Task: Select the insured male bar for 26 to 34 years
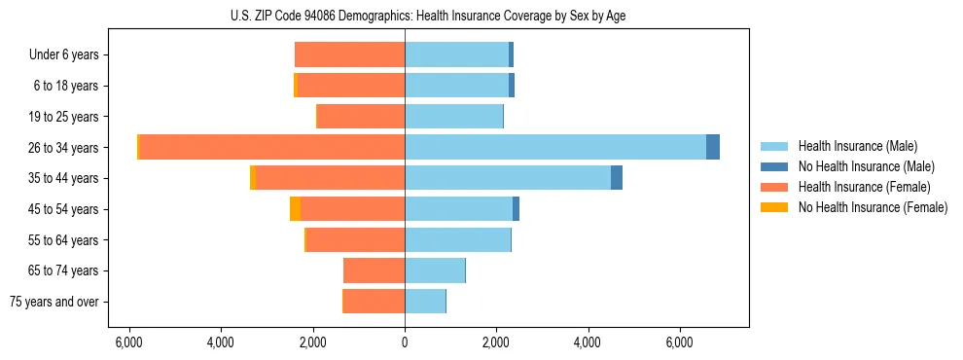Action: pos(554,147)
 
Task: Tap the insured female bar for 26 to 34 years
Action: pos(272,147)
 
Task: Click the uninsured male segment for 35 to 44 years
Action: pos(617,178)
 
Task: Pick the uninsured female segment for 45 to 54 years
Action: pos(295,209)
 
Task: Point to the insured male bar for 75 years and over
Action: pos(425,302)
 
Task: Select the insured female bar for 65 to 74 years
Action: pos(374,270)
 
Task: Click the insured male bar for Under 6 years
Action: pos(456,54)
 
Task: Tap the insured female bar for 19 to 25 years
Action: pos(361,117)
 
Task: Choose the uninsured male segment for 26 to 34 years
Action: pos(713,147)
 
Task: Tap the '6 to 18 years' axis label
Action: pos(66,86)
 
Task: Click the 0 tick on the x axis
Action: pos(405,342)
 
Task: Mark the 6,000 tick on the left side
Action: pos(129,342)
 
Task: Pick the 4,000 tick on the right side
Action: pos(588,342)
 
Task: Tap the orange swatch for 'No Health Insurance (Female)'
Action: pos(774,207)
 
